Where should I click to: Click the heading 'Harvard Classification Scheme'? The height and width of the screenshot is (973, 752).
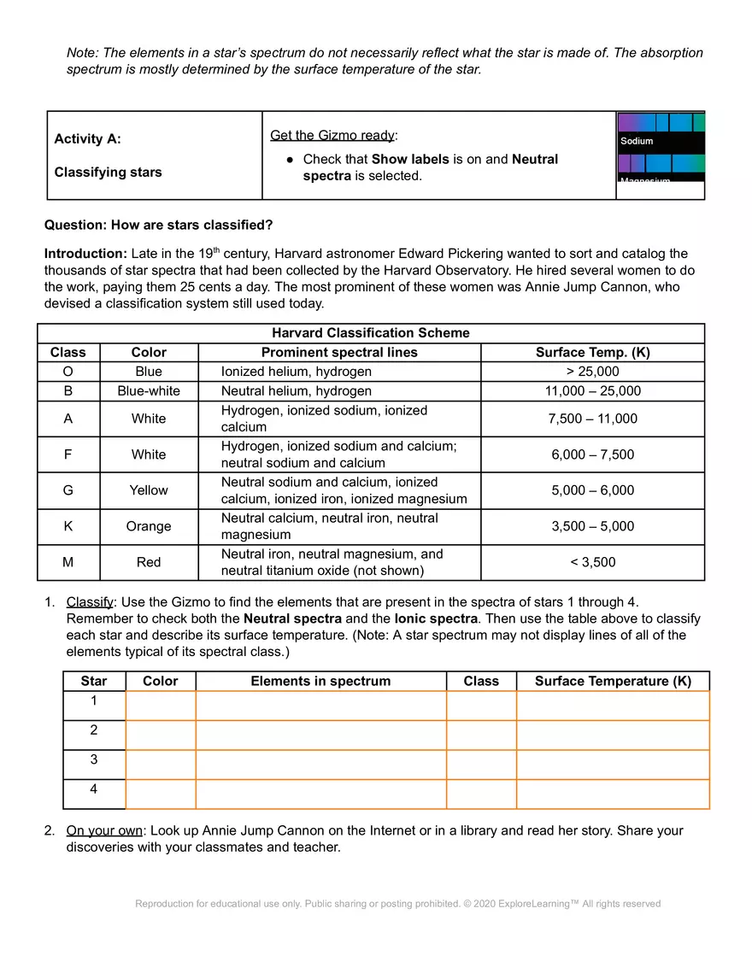click(370, 333)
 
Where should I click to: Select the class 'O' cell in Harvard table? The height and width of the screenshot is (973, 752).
click(68, 372)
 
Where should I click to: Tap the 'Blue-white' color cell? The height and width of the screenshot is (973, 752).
click(149, 391)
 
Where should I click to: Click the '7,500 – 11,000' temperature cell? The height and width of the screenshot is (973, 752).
click(592, 419)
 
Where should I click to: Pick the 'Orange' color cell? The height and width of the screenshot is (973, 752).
click(149, 526)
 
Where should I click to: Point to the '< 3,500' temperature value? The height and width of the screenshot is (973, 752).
click(592, 562)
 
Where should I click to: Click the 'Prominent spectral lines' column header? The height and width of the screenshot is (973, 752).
click(339, 352)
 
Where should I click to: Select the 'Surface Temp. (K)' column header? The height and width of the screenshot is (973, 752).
click(592, 352)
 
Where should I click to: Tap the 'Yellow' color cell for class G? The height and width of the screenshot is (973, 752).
click(149, 490)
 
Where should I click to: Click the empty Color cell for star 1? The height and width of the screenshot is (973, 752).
click(161, 706)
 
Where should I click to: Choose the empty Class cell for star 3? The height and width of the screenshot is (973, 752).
click(481, 765)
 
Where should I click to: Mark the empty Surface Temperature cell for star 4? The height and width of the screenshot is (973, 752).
click(613, 794)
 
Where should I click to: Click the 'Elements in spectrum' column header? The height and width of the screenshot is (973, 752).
click(320, 681)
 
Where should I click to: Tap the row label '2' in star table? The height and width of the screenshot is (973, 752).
click(94, 730)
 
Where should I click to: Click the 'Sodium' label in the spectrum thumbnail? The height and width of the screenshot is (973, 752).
click(637, 141)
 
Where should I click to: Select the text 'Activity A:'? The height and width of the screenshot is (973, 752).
click(88, 139)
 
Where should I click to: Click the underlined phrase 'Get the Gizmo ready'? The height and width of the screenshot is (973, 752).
click(332, 135)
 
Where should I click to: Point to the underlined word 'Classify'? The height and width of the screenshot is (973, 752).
click(90, 601)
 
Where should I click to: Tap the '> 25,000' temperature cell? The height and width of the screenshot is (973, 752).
click(592, 372)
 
